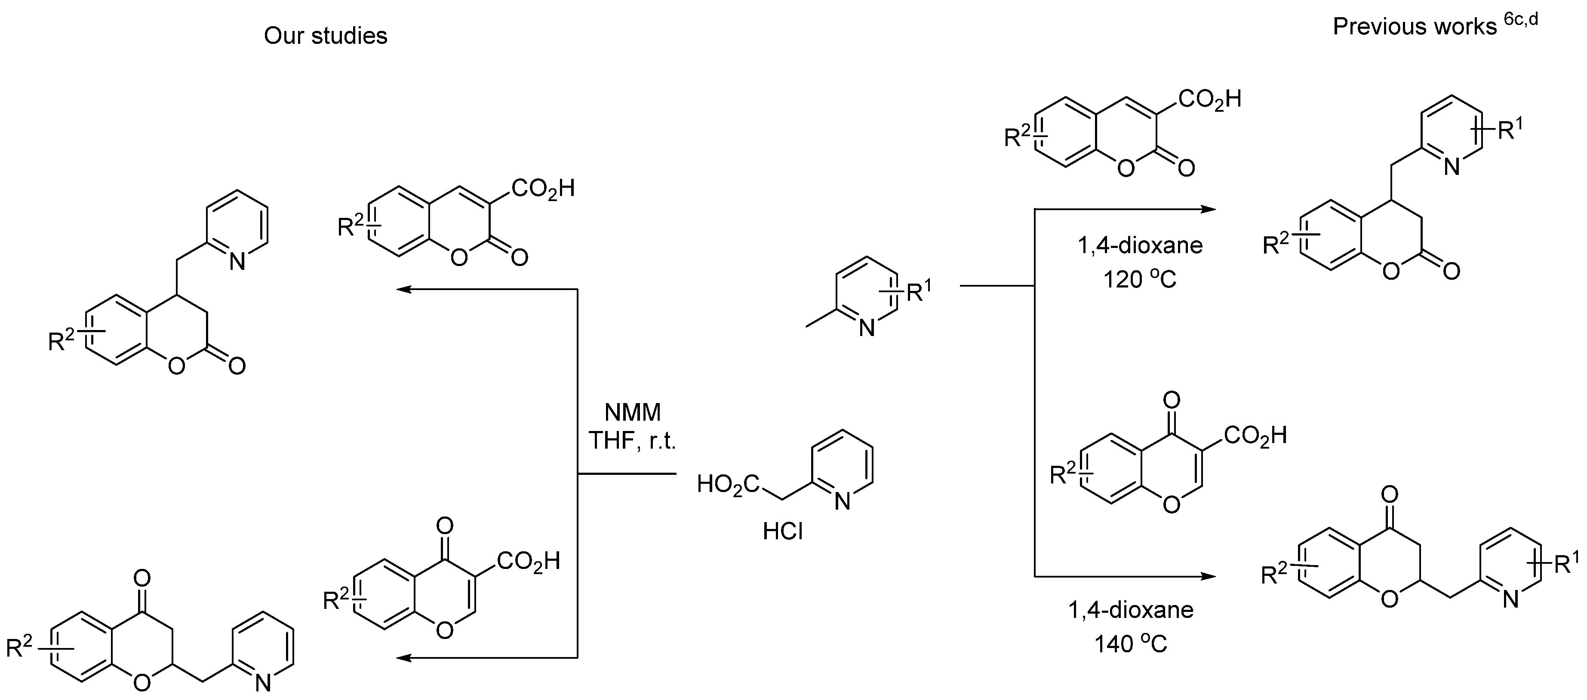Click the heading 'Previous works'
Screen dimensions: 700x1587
coord(1415,27)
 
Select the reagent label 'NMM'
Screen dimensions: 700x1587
coord(633,412)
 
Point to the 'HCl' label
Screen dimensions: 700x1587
coord(783,531)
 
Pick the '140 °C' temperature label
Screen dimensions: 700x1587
coord(1131,644)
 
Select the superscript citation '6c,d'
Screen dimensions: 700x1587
coord(1520,20)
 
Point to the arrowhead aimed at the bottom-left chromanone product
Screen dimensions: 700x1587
coord(403,658)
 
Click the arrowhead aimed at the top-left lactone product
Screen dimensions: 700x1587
coord(403,289)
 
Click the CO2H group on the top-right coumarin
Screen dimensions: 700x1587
coord(1209,100)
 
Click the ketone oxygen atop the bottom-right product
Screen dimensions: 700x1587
coord(1390,494)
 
